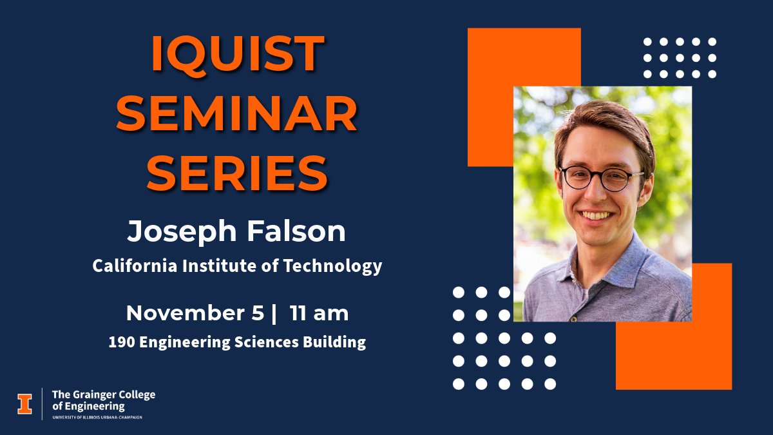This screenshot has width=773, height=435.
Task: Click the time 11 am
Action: tap(319, 313)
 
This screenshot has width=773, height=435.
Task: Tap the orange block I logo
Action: tap(24, 403)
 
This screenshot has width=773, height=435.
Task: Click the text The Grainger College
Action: tap(103, 394)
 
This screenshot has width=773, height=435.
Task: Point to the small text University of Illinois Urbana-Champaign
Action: tap(97, 417)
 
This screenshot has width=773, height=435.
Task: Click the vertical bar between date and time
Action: tap(274, 314)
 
